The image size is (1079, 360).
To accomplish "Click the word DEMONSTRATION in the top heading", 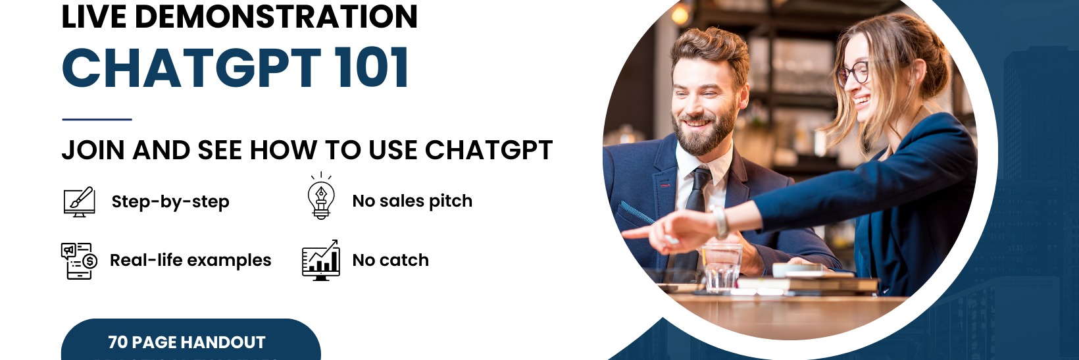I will coord(276,16).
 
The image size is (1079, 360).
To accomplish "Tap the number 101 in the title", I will coord(372,68).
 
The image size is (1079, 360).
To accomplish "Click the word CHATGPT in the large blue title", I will coord(191,68).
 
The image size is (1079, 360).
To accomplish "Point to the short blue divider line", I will coord(97,119).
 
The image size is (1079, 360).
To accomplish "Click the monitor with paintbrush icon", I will coord(79,201).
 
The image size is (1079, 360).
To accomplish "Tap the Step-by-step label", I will coord(170,201).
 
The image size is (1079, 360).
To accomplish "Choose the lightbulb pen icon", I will coord(321,197).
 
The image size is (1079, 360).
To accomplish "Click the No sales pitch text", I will coord(413,201).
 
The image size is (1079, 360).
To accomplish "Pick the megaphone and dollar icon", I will coord(79,261).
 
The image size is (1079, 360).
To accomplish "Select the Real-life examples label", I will coord(190,260).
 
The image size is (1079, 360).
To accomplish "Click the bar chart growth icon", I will coord(320,260).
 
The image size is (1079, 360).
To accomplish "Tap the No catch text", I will coord(390,260).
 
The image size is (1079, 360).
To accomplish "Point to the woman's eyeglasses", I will coord(854,72).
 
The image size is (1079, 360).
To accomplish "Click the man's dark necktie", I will coord(695,191).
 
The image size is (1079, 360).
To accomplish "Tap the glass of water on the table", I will coord(722,266).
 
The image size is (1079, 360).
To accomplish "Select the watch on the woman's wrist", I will coord(720,222).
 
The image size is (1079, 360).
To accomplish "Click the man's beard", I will coord(707,132).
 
